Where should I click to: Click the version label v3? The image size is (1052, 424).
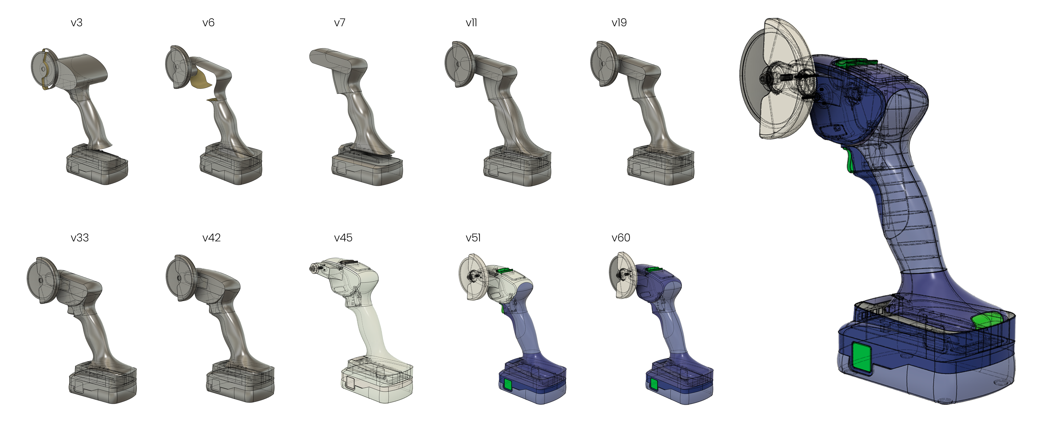[x=76, y=23]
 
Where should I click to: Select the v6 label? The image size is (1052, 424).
[x=208, y=23]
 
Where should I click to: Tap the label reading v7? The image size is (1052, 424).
[x=339, y=23]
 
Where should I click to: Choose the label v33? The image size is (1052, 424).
[x=80, y=238]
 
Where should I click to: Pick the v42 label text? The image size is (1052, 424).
[x=212, y=238]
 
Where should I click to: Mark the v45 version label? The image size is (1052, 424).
[x=343, y=238]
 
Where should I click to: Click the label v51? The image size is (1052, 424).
[x=473, y=238]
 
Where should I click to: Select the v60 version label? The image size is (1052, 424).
[x=621, y=238]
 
